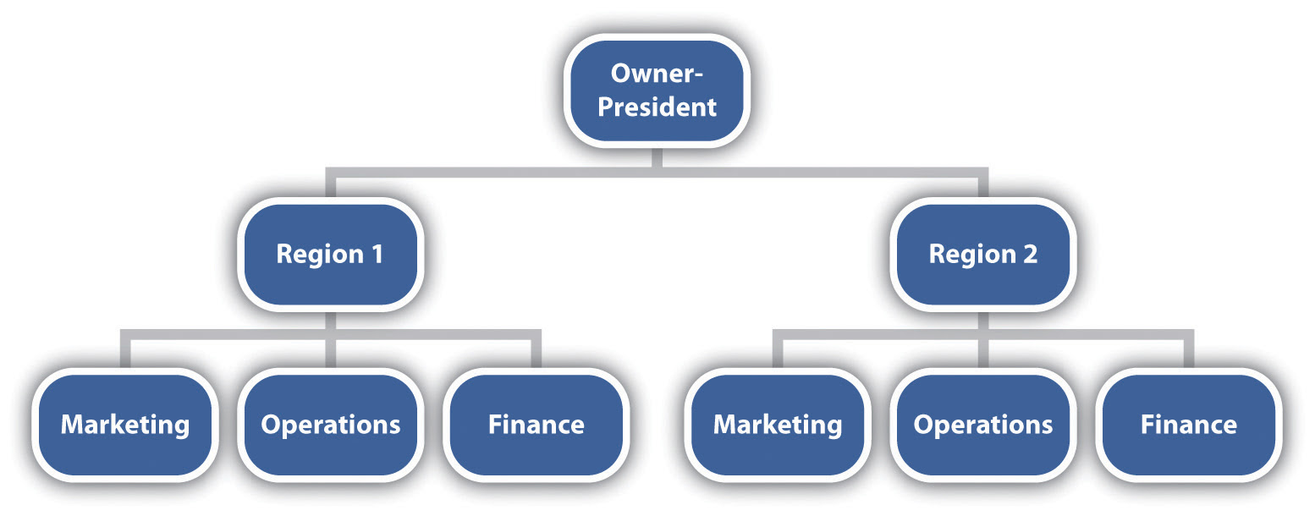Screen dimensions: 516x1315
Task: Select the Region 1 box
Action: coord(330,254)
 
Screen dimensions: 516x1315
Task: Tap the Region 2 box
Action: coord(982,254)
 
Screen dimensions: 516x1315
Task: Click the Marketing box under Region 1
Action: coord(125,424)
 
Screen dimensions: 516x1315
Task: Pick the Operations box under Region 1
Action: coord(330,424)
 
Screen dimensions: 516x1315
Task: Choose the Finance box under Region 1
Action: coord(536,424)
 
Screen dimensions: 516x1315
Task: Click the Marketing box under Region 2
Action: coord(778,424)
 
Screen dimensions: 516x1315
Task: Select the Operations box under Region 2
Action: coord(983,424)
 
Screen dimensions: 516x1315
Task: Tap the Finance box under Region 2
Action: coord(1188,424)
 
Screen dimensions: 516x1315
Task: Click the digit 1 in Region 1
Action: coord(377,254)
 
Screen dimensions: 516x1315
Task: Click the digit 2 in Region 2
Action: coord(1029,254)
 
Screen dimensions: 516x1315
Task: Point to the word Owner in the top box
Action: coord(648,74)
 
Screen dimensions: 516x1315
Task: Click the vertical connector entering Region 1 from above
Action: coord(331,186)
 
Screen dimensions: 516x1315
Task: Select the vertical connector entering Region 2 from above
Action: coord(983,186)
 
